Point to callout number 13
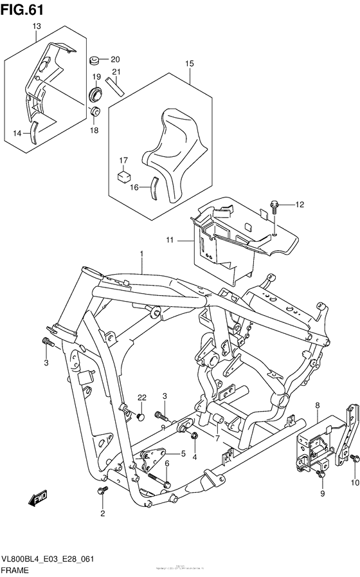point(36,26)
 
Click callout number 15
point(189,64)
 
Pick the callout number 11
point(170,240)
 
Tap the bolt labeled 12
point(273,208)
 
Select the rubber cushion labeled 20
point(94,60)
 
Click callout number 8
point(318,405)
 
